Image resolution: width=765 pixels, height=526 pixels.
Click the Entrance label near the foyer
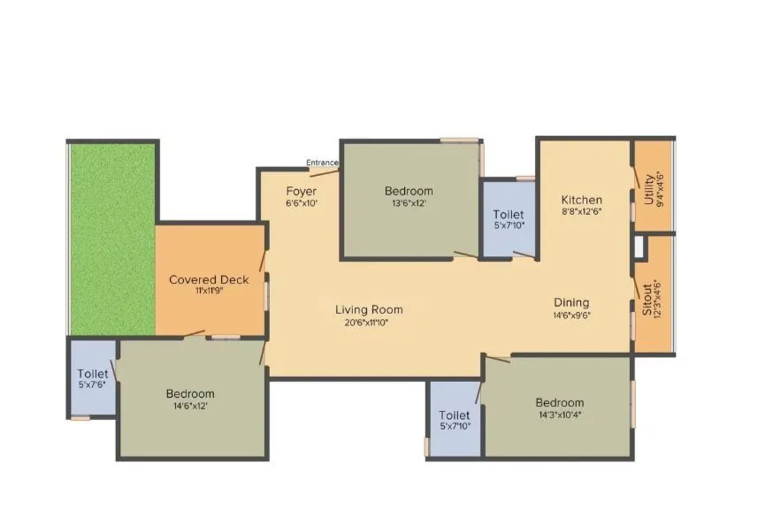tap(323, 163)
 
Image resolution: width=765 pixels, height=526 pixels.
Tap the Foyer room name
tap(301, 191)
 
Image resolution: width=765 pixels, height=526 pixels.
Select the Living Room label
tap(369, 309)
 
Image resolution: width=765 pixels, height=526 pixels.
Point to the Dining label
tap(571, 302)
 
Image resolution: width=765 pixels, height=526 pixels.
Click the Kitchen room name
tap(581, 200)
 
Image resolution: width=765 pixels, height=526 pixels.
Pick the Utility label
tap(649, 189)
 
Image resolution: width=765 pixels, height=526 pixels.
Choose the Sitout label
tap(648, 301)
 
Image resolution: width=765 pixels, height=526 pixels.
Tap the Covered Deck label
tap(209, 280)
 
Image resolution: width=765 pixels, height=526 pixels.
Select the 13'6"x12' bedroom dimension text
tap(409, 203)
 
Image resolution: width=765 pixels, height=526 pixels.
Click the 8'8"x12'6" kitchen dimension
tap(581, 212)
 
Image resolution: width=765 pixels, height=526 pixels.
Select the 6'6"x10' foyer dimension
tap(301, 203)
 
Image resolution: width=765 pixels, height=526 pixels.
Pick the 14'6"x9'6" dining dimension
tap(571, 315)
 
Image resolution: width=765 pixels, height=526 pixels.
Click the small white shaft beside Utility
tap(639, 248)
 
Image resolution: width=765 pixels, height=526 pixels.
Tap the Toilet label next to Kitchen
tap(508, 215)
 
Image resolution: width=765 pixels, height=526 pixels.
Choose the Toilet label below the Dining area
tap(455, 415)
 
